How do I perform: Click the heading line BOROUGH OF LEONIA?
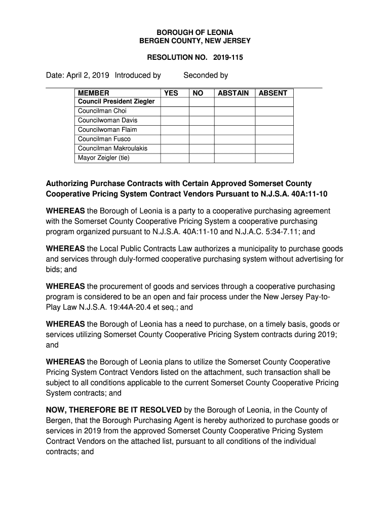195,32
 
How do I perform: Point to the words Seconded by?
206,76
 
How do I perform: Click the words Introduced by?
138,76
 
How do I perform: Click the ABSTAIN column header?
233,93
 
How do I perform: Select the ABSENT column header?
273,93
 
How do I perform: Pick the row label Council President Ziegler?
116,102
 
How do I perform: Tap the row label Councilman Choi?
102,111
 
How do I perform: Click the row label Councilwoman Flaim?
107,130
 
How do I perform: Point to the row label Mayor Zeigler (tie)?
104,158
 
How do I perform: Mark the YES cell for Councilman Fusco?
175,139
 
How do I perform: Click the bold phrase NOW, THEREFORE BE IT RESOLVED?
114,410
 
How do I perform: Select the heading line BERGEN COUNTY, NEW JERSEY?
195,41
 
